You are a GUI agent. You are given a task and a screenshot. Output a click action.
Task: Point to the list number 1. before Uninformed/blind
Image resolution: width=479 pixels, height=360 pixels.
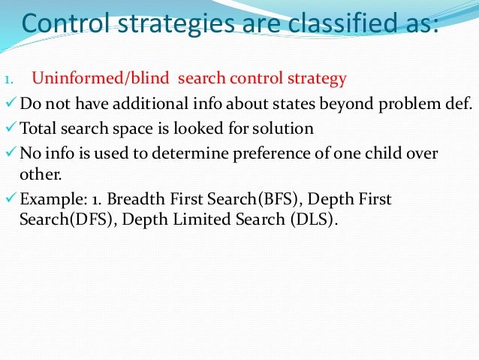(x=10, y=79)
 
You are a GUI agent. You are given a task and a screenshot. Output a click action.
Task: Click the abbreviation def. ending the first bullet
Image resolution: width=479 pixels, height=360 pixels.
(x=459, y=103)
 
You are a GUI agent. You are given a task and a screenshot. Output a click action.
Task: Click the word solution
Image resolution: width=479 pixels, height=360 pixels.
(x=286, y=128)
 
